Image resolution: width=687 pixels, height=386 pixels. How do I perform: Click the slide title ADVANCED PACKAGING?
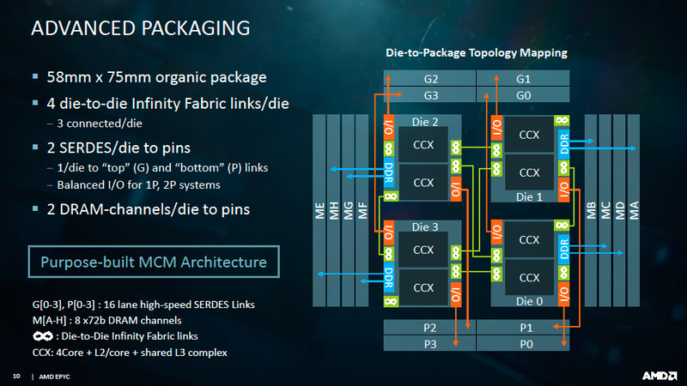coord(140,27)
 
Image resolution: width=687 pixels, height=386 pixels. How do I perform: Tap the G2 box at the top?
coord(430,79)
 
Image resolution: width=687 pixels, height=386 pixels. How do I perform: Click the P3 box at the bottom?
coord(430,344)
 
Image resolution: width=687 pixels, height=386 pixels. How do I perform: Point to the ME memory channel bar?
coord(320,211)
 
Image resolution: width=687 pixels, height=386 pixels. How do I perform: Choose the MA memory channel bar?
coord(634,211)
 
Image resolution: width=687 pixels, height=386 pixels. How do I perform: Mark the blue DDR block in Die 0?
coord(564,248)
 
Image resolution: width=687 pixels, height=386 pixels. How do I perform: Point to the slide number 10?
coord(15,376)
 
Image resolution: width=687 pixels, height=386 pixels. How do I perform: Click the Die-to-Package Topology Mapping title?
coord(475,53)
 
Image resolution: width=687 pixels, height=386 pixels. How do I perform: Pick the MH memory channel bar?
coord(335,211)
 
